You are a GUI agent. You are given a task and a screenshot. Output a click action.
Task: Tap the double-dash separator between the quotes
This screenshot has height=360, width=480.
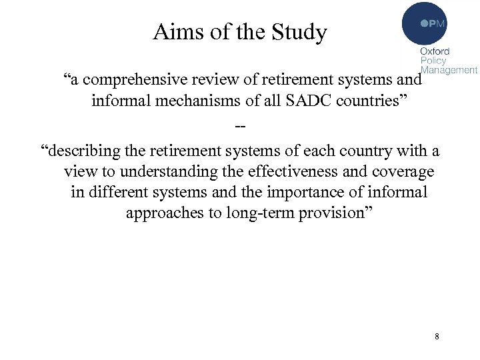pyautogui.click(x=240, y=125)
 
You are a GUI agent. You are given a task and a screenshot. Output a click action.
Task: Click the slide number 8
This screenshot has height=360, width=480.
pyautogui.click(x=437, y=336)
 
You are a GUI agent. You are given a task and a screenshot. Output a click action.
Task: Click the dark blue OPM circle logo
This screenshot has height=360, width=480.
pyautogui.click(x=424, y=23)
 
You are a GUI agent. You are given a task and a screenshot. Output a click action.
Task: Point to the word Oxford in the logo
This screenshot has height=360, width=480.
pyautogui.click(x=435, y=51)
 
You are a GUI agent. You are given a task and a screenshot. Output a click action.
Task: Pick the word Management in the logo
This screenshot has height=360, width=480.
pyautogui.click(x=449, y=69)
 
